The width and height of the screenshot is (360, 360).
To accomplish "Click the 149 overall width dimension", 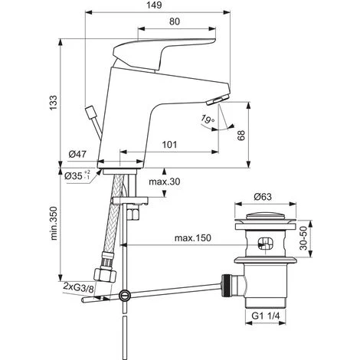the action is pyautogui.click(x=155, y=5).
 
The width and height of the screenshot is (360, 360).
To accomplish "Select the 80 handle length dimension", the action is pyautogui.click(x=175, y=21).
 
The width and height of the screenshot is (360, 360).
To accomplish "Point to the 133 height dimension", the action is pyautogui.click(x=54, y=103).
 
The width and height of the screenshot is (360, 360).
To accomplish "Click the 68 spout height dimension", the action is pyautogui.click(x=241, y=136).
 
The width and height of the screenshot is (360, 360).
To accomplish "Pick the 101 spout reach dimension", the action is pyautogui.click(x=169, y=145).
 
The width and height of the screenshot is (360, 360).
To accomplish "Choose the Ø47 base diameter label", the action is pyautogui.click(x=77, y=154).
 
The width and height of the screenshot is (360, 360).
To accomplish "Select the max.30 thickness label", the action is pyautogui.click(x=165, y=182).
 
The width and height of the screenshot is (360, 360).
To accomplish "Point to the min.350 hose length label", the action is pyautogui.click(x=54, y=224).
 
